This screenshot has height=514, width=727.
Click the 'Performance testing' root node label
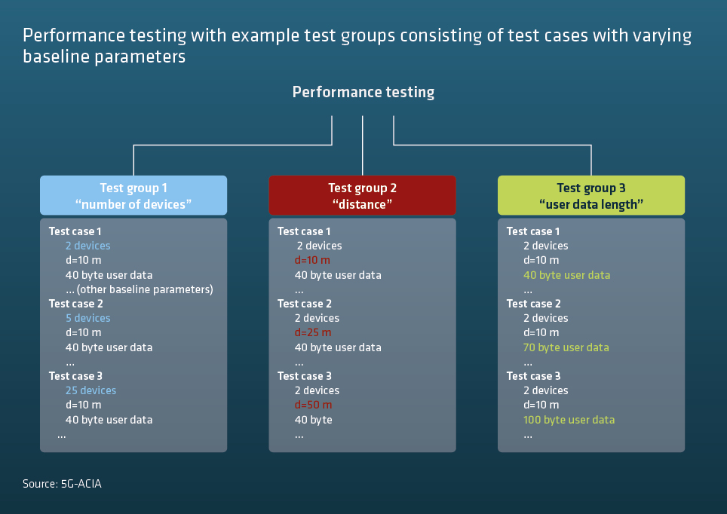363,92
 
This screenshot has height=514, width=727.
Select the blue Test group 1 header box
133,195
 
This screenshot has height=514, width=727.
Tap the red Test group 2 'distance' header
362,195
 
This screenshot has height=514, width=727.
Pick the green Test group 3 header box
591,195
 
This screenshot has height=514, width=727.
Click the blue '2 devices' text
88,246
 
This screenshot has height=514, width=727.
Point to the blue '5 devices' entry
88,318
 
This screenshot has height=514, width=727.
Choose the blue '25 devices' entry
90,390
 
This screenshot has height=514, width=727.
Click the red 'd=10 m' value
312,260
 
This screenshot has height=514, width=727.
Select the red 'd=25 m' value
313,332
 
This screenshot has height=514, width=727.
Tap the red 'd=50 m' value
314,405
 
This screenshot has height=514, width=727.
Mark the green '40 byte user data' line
566,275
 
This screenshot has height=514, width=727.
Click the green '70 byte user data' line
566,347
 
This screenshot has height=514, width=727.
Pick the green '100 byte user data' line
569,420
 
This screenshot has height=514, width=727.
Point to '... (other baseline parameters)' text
139,289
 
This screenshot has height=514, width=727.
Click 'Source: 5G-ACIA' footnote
62,484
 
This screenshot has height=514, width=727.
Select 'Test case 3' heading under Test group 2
305,376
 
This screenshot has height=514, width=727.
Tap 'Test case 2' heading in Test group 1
76,304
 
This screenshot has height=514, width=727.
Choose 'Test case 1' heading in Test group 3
533,231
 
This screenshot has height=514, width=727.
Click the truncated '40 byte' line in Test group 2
314,420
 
